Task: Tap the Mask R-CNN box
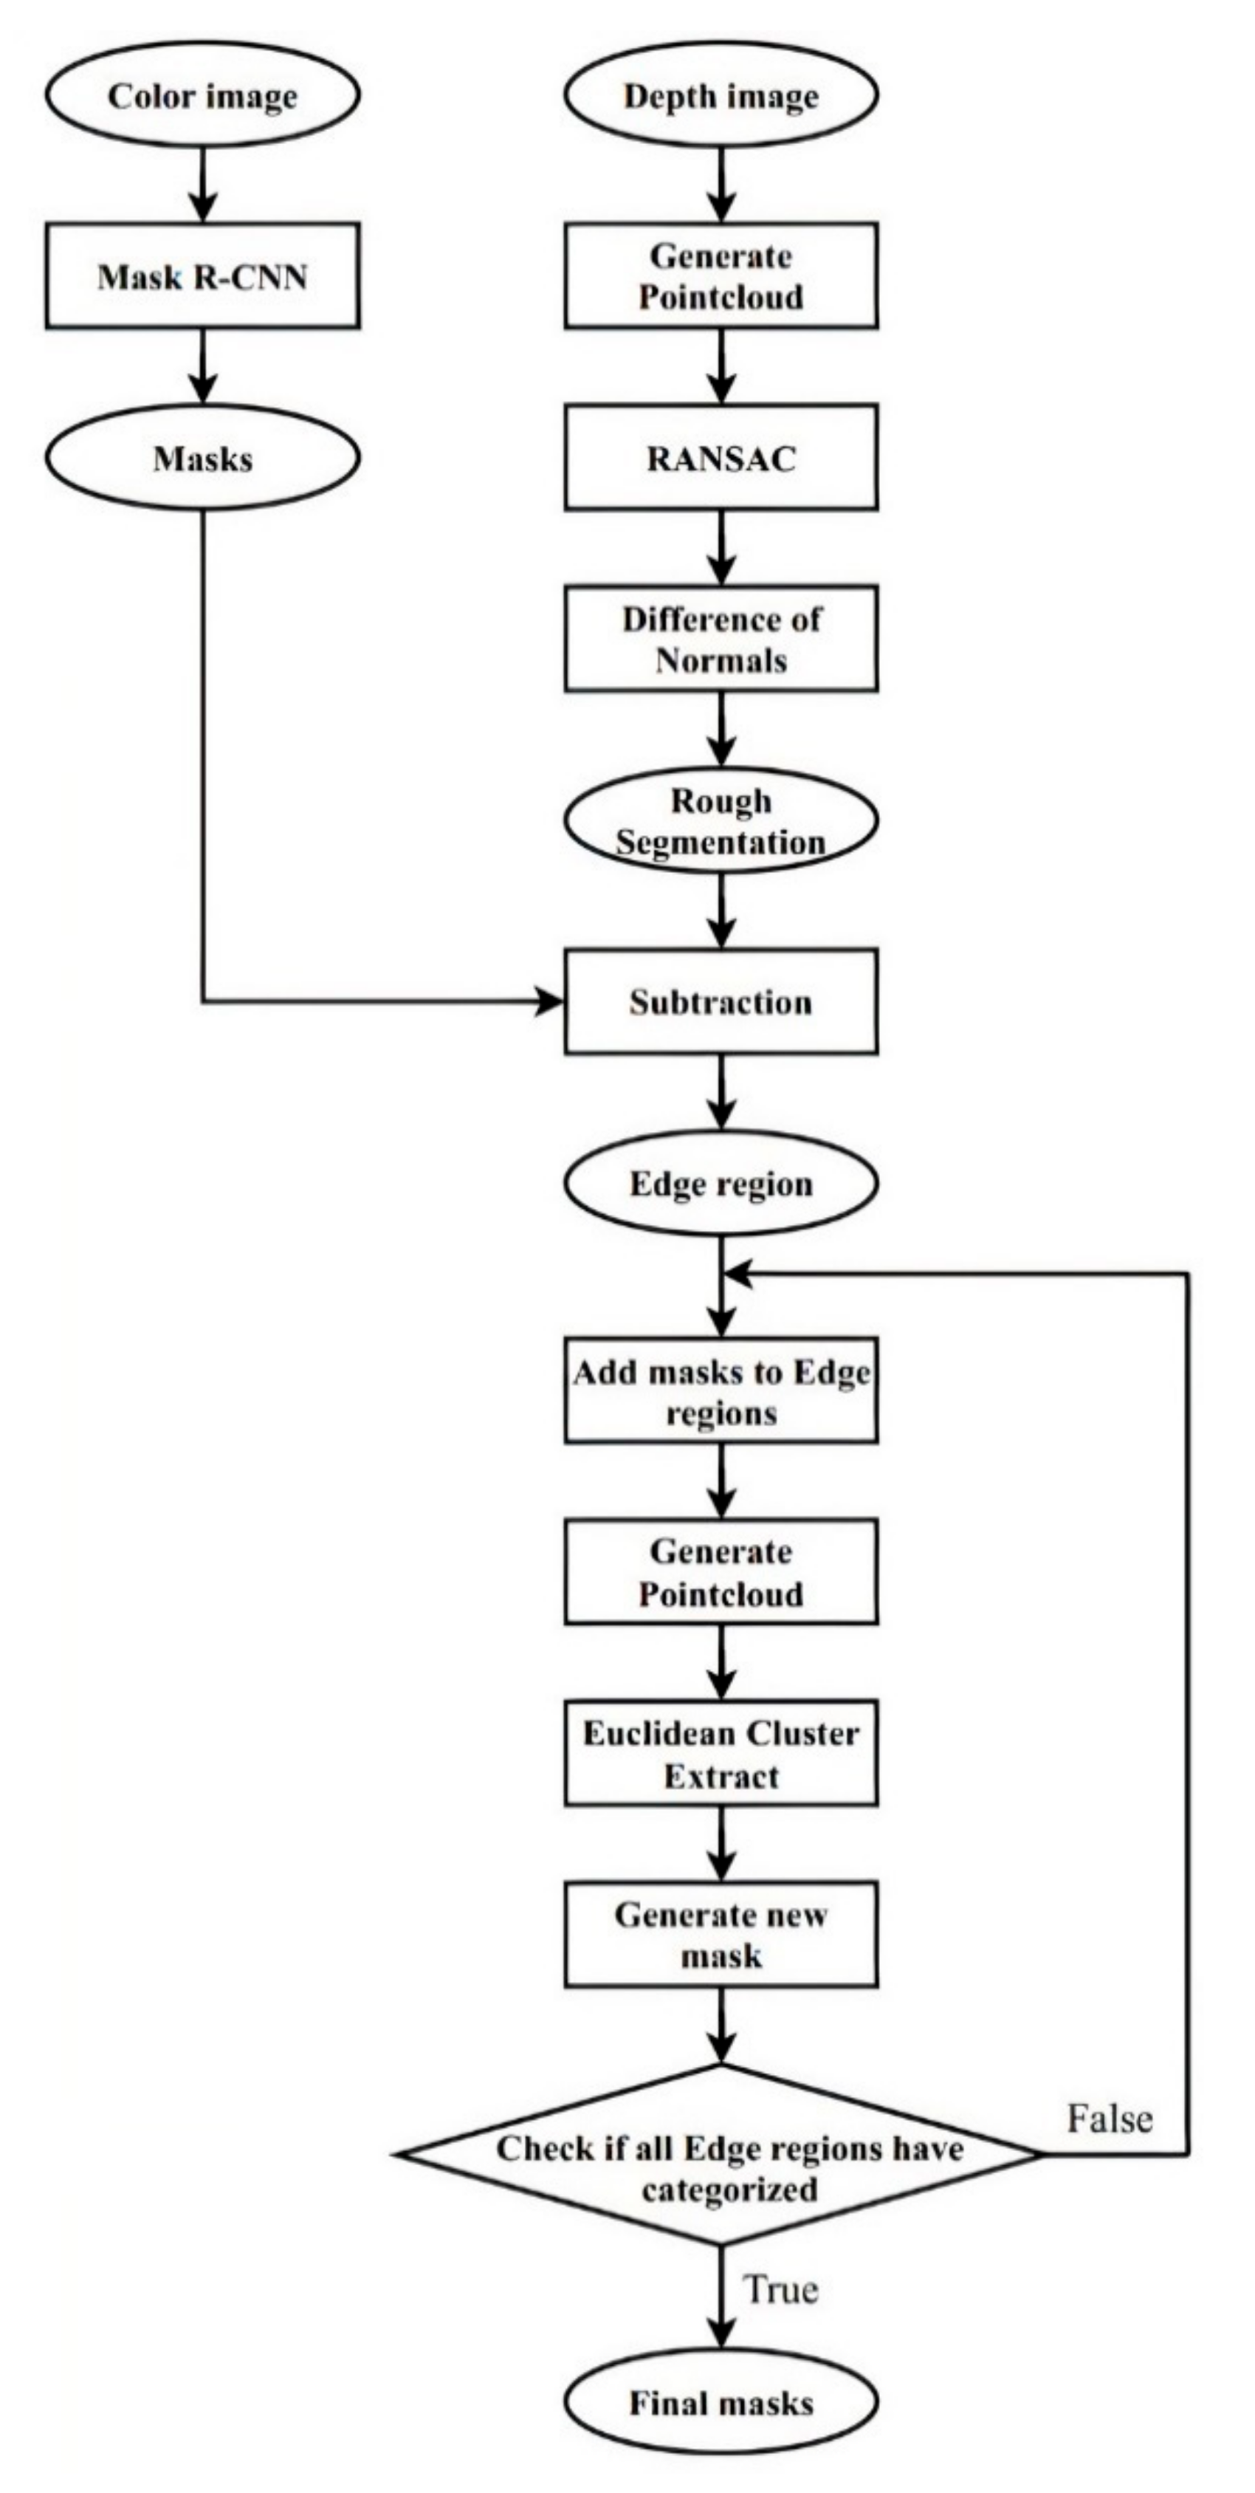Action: [x=202, y=277]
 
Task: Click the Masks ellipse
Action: [x=202, y=458]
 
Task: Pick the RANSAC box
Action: [x=721, y=458]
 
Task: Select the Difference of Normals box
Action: [x=721, y=639]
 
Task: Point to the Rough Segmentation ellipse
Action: [x=721, y=820]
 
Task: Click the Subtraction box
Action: [x=721, y=1001]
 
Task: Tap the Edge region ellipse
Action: [x=721, y=1184]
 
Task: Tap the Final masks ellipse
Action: [x=721, y=2403]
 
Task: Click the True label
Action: [x=780, y=2290]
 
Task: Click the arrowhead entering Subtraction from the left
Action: [x=549, y=1001]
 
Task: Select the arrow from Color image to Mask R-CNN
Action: [x=202, y=184]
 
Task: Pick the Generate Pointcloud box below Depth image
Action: [x=721, y=277]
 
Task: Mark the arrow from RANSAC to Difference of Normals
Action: [x=721, y=546]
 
